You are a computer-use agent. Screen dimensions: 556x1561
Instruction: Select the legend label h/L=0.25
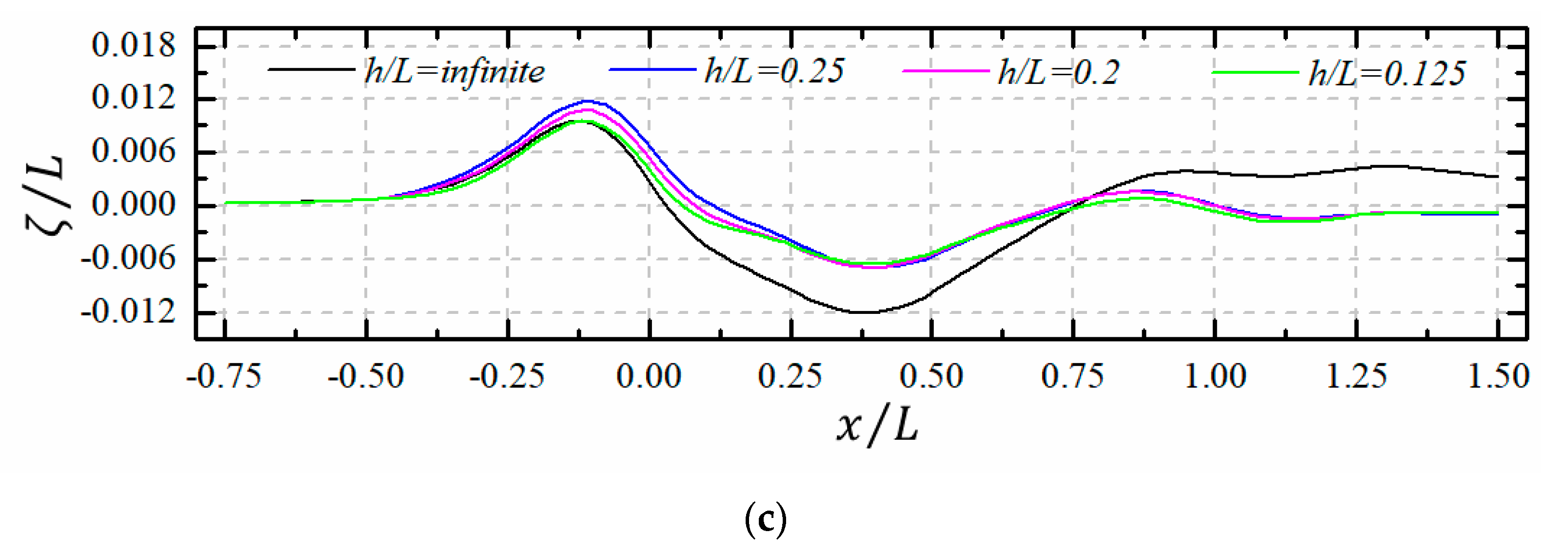pos(774,72)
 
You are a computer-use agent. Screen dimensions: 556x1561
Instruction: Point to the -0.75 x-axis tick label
pos(224,376)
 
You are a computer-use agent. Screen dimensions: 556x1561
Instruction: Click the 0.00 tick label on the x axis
pos(649,376)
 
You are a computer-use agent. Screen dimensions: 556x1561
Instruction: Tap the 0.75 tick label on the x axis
pos(1072,376)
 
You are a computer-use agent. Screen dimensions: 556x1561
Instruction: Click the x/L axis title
pos(877,426)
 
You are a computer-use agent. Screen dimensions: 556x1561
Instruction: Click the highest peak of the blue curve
pos(587,101)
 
